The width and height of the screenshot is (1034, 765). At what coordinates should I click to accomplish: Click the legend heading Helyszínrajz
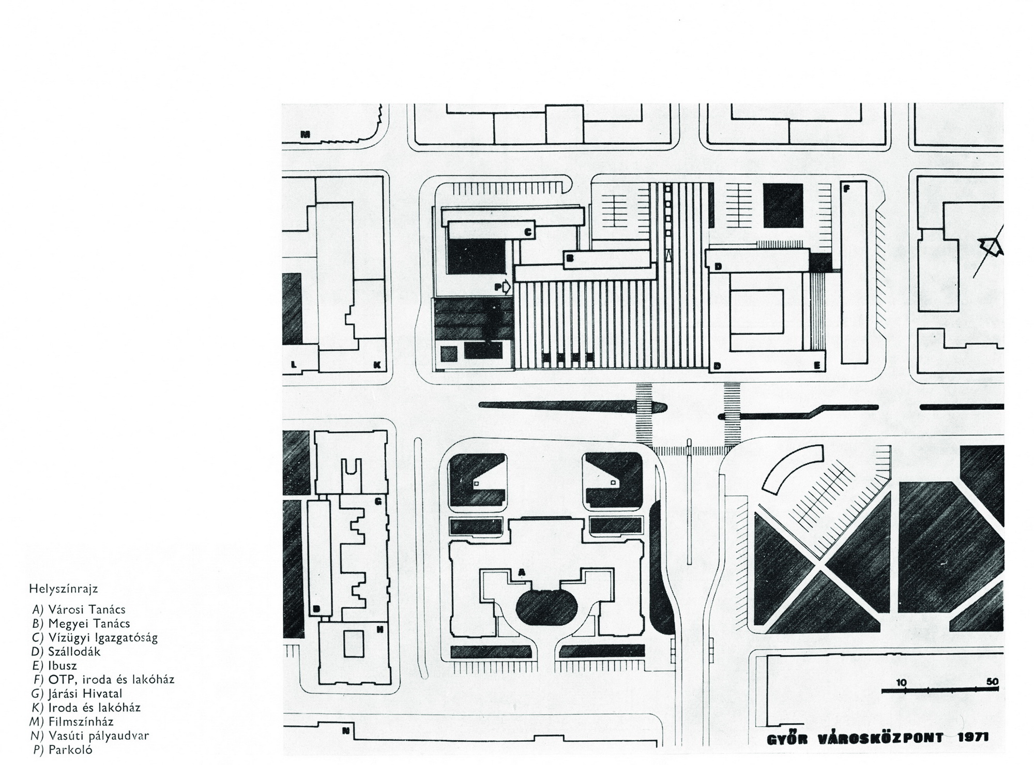[64, 589]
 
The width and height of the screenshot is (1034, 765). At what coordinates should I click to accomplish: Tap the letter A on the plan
[522, 572]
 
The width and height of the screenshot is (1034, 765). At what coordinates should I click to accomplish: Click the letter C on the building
[528, 233]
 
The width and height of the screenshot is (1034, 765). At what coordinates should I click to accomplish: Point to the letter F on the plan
[846, 189]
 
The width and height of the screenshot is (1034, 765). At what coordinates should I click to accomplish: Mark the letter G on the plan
[378, 501]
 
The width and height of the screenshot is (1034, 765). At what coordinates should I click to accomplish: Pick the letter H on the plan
[380, 629]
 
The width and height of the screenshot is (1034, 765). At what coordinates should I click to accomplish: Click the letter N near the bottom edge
[346, 731]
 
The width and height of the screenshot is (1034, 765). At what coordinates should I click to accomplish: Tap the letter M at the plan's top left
[306, 134]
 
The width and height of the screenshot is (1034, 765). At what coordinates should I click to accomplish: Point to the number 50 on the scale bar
[992, 682]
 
